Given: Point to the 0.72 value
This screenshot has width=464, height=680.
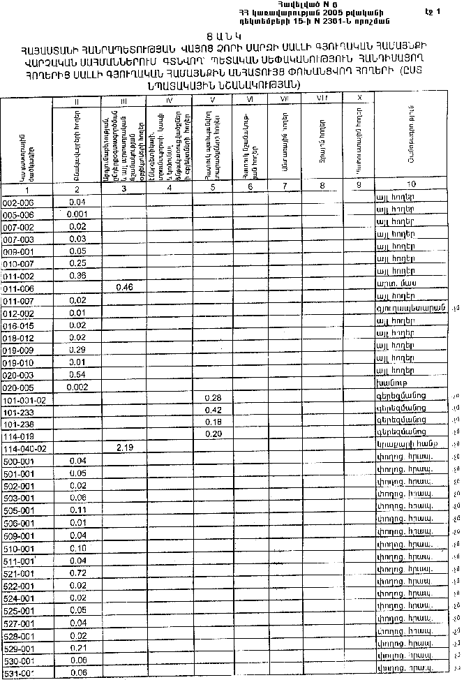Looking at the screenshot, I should (x=77, y=572).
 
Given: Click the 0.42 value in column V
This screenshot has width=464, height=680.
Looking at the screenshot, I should (x=214, y=410).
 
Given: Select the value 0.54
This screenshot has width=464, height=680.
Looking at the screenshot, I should (x=77, y=375).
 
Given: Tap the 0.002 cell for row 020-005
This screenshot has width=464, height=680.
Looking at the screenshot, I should (x=77, y=386).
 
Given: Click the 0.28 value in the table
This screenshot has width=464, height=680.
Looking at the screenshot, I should (x=214, y=398).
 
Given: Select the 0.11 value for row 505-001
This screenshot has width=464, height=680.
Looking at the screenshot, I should (x=77, y=510).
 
